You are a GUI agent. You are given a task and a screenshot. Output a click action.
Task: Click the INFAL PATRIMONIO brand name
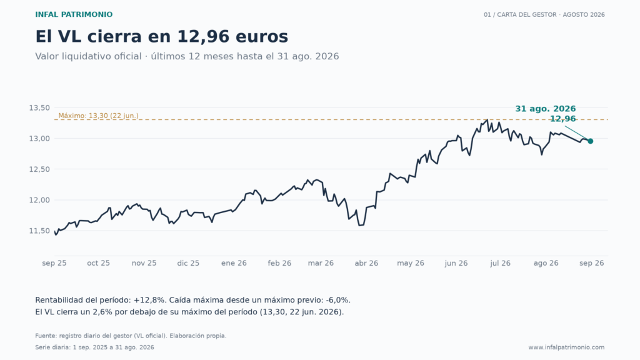click(x=74, y=15)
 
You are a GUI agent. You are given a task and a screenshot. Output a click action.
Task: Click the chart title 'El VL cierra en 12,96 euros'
click(x=162, y=36)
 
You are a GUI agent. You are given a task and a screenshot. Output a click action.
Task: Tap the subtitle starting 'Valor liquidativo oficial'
click(x=187, y=56)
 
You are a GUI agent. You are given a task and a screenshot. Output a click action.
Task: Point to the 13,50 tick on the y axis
click(x=39, y=107)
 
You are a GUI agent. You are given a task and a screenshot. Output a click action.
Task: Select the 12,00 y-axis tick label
click(x=39, y=200)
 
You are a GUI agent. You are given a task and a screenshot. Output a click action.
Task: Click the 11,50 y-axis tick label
click(x=39, y=231)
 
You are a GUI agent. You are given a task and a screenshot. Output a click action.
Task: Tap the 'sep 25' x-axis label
click(x=54, y=263)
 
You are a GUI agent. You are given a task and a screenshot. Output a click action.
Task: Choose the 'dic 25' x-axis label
click(x=188, y=263)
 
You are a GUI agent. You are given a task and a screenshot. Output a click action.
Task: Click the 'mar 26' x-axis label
click(x=321, y=263)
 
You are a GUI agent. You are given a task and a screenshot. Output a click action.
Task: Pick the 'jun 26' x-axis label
click(x=456, y=263)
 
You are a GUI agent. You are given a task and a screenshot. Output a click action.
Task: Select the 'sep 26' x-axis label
click(x=592, y=263)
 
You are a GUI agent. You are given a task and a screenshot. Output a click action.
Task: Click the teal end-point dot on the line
click(x=590, y=141)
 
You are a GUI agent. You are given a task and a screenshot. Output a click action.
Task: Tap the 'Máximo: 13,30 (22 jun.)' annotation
click(x=98, y=116)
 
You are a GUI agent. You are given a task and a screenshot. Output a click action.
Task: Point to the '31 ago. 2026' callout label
click(x=545, y=109)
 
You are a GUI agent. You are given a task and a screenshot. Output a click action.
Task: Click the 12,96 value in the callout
click(x=563, y=119)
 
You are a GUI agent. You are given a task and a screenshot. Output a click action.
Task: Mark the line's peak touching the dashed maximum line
click(x=487, y=119)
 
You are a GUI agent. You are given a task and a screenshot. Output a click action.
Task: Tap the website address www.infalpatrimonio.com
click(x=566, y=347)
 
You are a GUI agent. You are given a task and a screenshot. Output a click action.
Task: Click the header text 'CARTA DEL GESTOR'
click(x=526, y=15)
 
